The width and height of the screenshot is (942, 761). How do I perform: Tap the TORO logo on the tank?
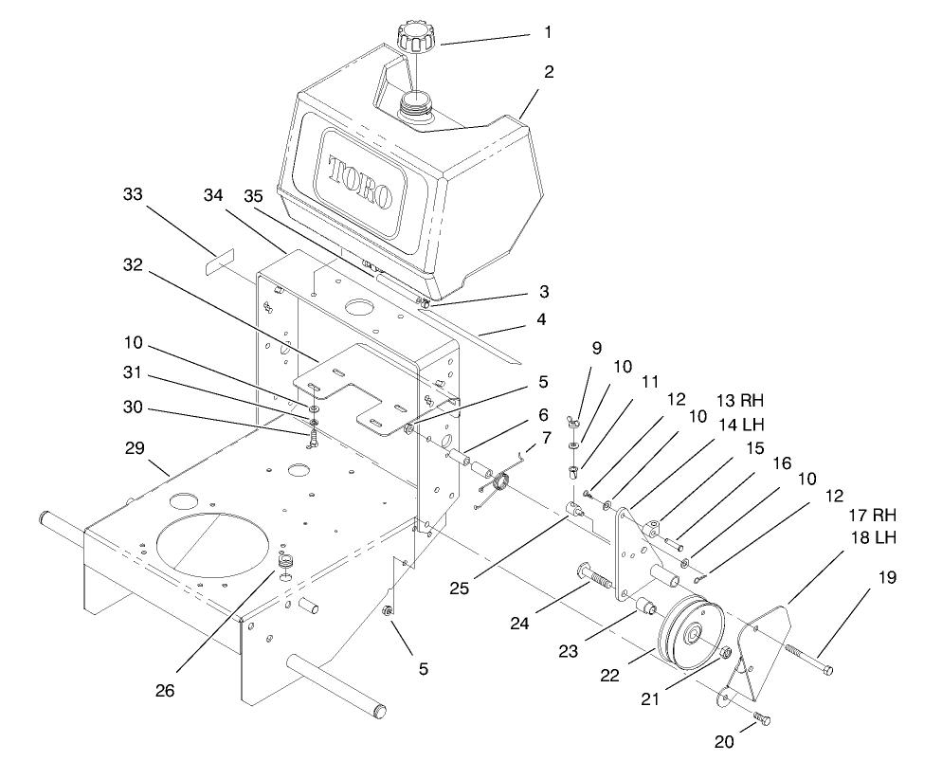(x=359, y=182)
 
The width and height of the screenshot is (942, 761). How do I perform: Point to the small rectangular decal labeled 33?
(x=219, y=263)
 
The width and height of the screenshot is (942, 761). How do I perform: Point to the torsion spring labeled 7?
(x=497, y=485)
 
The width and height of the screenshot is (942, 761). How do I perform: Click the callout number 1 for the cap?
(x=547, y=31)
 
